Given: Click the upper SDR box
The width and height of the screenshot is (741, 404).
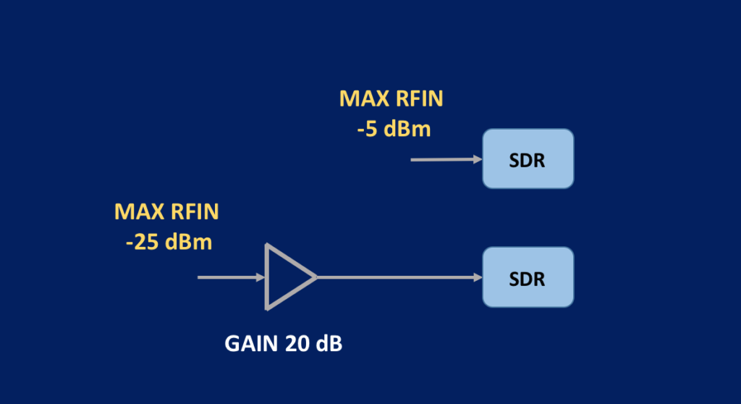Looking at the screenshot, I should pos(528,159).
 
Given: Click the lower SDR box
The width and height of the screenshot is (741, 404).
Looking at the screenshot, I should pos(528,277).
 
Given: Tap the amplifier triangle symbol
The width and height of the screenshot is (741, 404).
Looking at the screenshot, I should pos(286,277).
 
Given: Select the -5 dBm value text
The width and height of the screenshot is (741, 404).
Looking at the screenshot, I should pos(394,130).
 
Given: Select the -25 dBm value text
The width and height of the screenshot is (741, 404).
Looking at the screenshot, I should pos(169,242).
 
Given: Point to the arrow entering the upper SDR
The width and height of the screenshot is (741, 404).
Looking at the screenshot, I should pos(446,159).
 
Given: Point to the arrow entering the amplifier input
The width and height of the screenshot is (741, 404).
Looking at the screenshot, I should pos(230,277).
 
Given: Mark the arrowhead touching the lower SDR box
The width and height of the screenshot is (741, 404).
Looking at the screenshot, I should pos(478,277).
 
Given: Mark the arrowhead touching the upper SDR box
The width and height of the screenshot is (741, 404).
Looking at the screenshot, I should pos(478,159).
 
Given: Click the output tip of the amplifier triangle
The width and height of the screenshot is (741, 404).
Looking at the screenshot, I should pos(316,277).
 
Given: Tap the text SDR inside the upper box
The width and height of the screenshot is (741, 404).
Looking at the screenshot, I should pos(528,160).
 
